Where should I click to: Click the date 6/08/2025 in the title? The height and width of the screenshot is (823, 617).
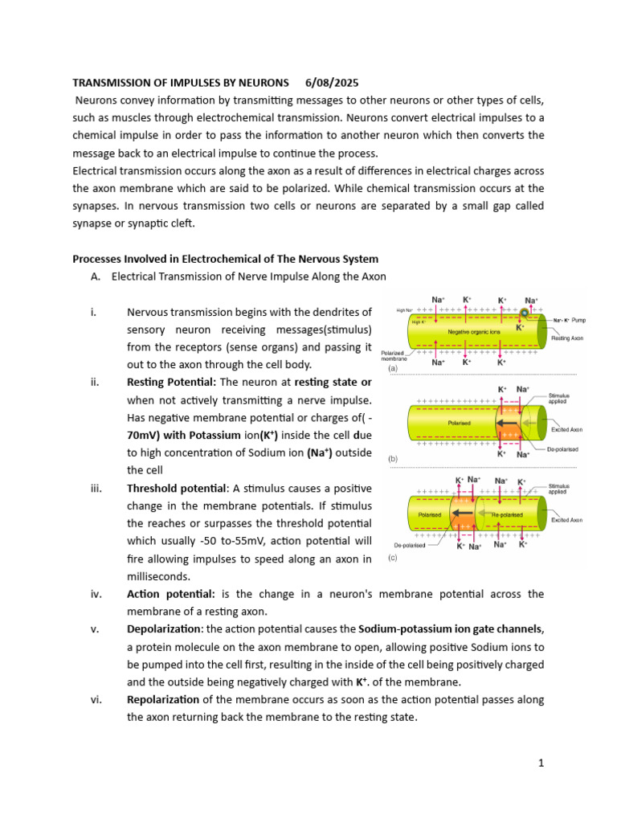point(332,83)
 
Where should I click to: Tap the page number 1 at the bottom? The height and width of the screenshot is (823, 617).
point(541,763)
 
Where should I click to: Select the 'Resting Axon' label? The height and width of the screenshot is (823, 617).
point(567,338)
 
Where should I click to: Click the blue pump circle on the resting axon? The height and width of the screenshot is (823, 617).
point(525,312)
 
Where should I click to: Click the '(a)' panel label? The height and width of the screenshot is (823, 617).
point(394,368)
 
